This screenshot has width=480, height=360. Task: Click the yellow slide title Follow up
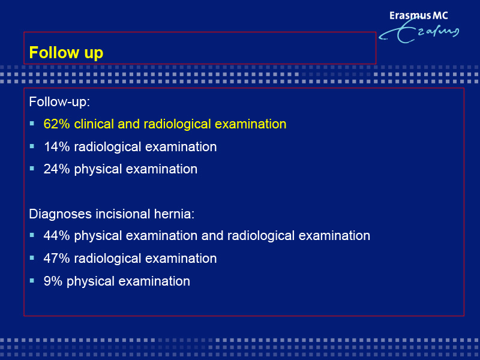(66, 53)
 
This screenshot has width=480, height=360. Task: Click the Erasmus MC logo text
(418, 16)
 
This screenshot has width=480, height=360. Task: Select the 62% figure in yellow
(56, 124)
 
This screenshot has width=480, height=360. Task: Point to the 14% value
(56, 146)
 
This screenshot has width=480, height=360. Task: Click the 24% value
(56, 169)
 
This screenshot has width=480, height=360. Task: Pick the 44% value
(56, 236)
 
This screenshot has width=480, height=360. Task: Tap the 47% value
(56, 259)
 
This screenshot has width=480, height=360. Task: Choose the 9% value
(53, 281)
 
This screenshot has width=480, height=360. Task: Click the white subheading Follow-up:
(59, 101)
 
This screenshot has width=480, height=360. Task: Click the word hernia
(174, 214)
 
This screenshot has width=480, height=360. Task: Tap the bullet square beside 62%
(32, 124)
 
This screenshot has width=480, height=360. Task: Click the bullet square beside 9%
(32, 280)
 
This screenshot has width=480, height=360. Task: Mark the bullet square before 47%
(32, 258)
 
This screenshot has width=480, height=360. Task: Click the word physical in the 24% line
(98, 169)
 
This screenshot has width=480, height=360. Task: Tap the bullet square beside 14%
(32, 146)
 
